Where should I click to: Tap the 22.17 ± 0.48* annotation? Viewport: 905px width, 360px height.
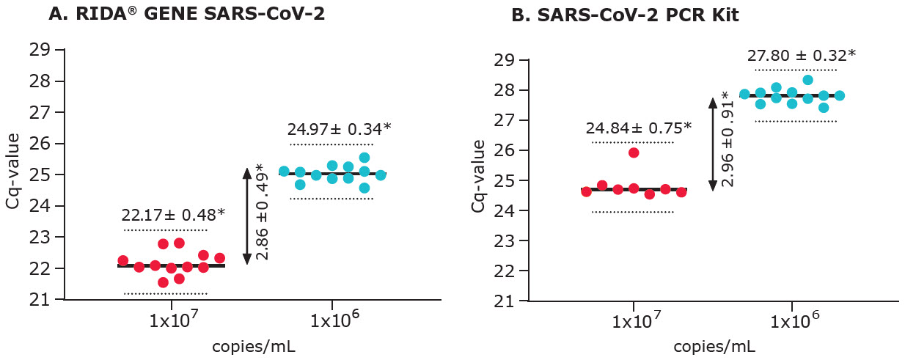(x=173, y=215)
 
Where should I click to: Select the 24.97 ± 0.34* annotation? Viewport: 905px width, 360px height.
(x=340, y=130)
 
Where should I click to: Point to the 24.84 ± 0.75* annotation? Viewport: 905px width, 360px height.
(x=639, y=128)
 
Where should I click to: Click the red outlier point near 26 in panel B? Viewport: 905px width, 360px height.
(x=634, y=153)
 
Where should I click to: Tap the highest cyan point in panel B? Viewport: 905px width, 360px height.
(x=807, y=80)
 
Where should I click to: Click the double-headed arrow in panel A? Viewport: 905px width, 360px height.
(x=247, y=216)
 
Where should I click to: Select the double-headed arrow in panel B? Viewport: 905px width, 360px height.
(x=711, y=144)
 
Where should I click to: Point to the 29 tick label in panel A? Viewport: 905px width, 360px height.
(x=40, y=50)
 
